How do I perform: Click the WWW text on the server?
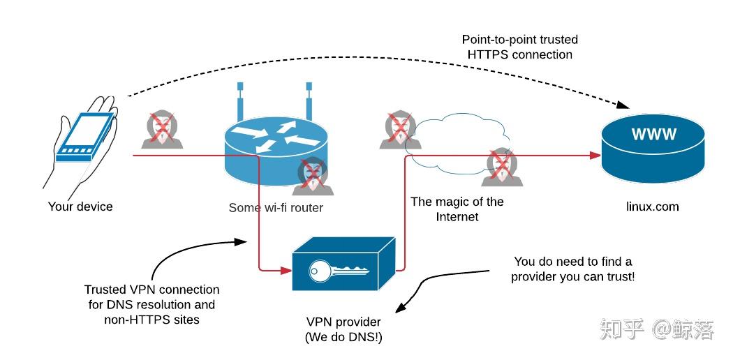654,135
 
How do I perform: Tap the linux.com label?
653,207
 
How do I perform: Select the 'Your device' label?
80,207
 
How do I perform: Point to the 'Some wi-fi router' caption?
276,208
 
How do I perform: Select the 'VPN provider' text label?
343,322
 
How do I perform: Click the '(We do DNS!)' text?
343,337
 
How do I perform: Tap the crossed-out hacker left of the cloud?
399,130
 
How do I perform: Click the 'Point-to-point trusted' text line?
520,40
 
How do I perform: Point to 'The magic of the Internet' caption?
457,209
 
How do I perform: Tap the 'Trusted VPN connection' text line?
151,290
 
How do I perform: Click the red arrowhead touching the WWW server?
595,155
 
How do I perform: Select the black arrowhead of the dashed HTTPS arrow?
623,105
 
